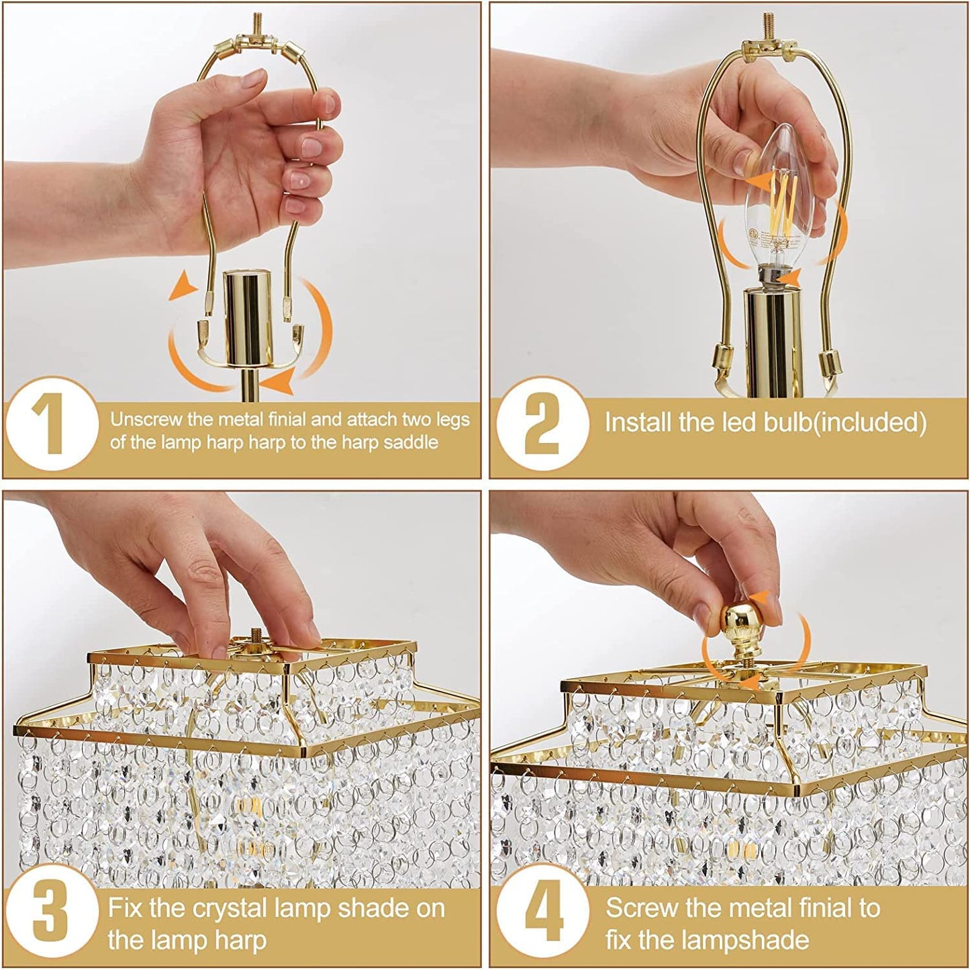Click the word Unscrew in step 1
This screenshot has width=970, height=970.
pyautogui.click(x=146, y=420)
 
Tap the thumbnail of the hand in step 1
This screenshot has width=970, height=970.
pyautogui.click(x=328, y=103)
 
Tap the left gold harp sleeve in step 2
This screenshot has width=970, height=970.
pyautogui.click(x=721, y=356)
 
